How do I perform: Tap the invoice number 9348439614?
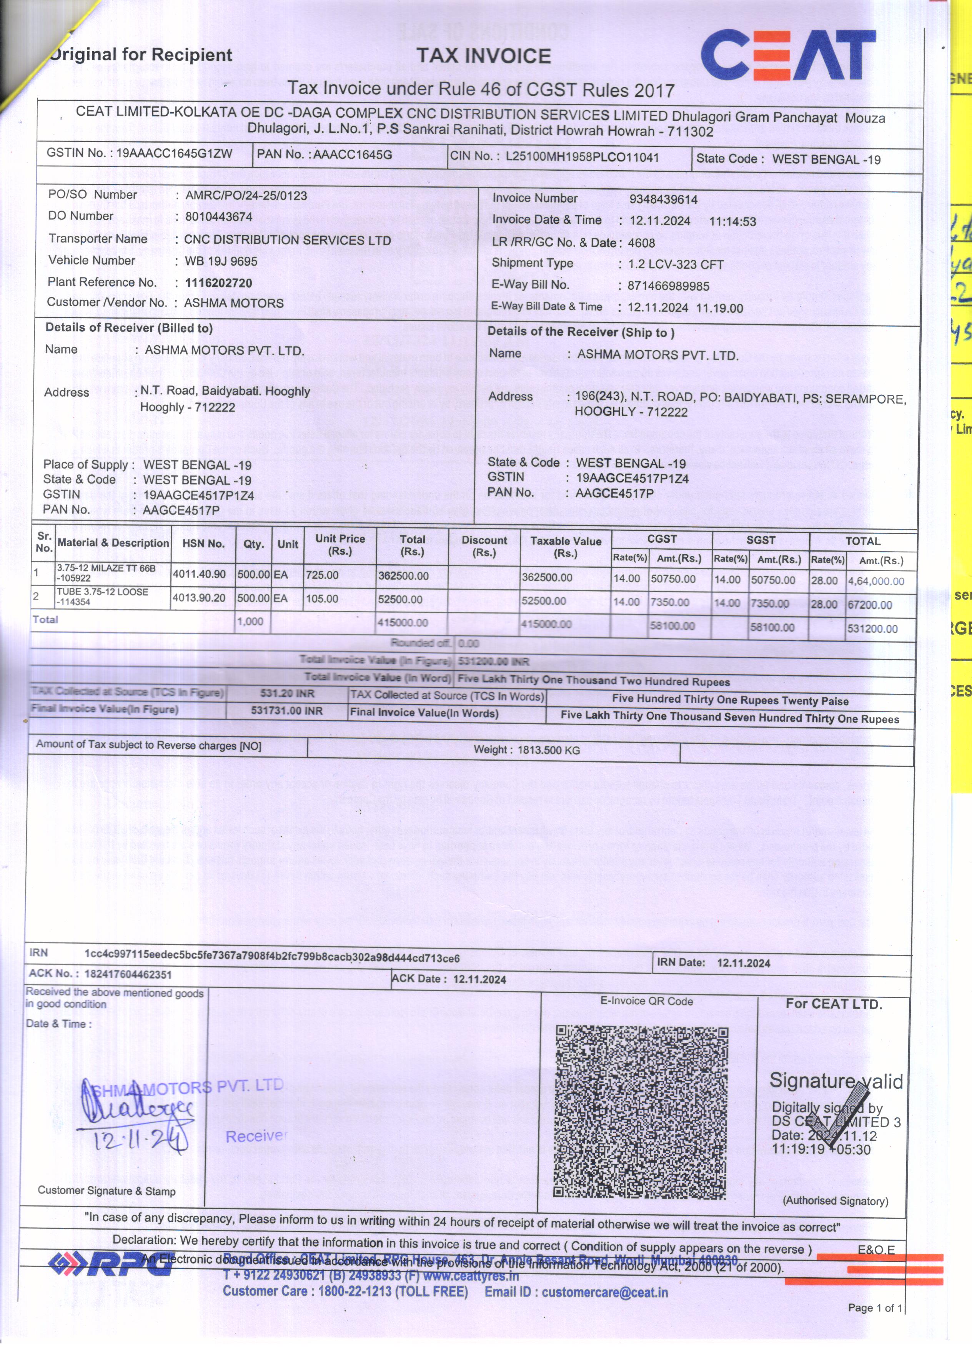tap(663, 200)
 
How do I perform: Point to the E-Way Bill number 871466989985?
tap(668, 286)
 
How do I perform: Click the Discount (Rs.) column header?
tap(484, 546)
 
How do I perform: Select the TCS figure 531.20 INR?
tap(287, 694)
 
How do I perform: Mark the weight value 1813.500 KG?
tap(548, 750)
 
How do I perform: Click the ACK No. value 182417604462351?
tap(128, 974)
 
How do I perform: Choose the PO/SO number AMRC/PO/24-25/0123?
tap(246, 196)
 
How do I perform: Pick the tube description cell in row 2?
tap(102, 597)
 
